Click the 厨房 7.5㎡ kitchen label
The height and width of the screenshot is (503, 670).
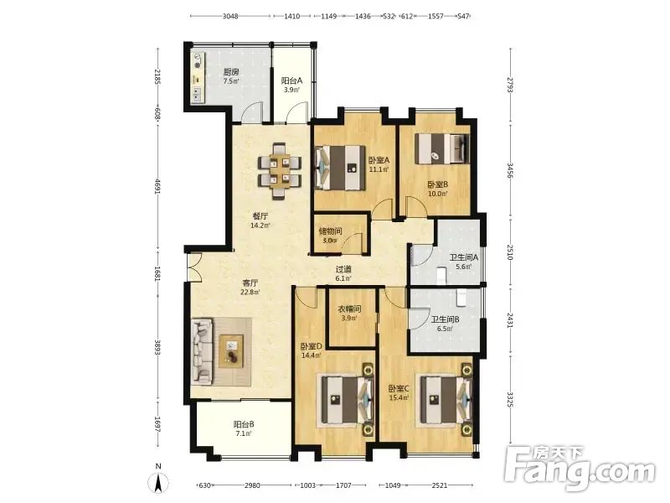231,76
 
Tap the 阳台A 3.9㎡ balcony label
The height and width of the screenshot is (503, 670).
291,86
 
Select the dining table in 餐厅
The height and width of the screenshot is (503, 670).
280,171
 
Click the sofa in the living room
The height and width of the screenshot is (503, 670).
202,350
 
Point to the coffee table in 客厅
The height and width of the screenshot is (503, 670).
231,350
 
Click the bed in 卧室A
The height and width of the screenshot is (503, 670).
340,168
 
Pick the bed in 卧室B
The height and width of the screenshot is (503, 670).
443,148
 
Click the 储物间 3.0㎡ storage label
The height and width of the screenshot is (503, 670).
331,236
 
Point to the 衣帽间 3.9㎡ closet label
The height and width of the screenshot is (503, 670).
350,313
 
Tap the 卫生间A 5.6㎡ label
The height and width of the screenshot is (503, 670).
463,262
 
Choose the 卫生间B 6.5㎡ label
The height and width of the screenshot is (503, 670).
445,324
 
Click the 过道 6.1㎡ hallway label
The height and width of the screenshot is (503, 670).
343,274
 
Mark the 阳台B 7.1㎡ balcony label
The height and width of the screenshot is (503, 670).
244,428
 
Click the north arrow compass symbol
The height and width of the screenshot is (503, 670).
158,480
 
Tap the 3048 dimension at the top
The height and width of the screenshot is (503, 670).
230,16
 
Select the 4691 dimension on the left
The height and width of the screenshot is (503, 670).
157,186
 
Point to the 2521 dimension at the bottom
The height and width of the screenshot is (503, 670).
440,485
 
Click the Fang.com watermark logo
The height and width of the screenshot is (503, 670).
579,469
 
